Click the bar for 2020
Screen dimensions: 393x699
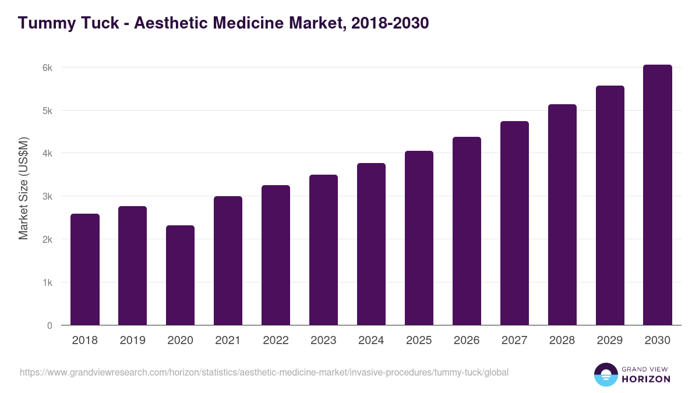click(180, 275)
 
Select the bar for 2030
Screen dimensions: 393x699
click(658, 195)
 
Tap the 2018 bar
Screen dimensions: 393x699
click(85, 270)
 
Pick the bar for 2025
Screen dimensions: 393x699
click(419, 238)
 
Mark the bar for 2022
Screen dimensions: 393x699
click(276, 255)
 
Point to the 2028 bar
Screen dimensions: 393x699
click(562, 215)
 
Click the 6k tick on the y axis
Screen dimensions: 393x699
click(47, 68)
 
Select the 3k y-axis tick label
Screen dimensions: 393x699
click(47, 197)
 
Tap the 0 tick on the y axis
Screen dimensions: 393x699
click(50, 325)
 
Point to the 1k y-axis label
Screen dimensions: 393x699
click(47, 283)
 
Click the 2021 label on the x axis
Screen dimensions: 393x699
click(228, 341)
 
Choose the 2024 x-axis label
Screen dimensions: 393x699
click(371, 341)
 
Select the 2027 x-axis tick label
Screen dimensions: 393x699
click(514, 341)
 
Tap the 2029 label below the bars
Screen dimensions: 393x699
click(610, 341)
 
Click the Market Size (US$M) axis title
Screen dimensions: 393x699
click(23, 187)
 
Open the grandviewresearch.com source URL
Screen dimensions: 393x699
click(264, 372)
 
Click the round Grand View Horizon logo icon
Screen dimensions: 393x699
click(606, 375)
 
